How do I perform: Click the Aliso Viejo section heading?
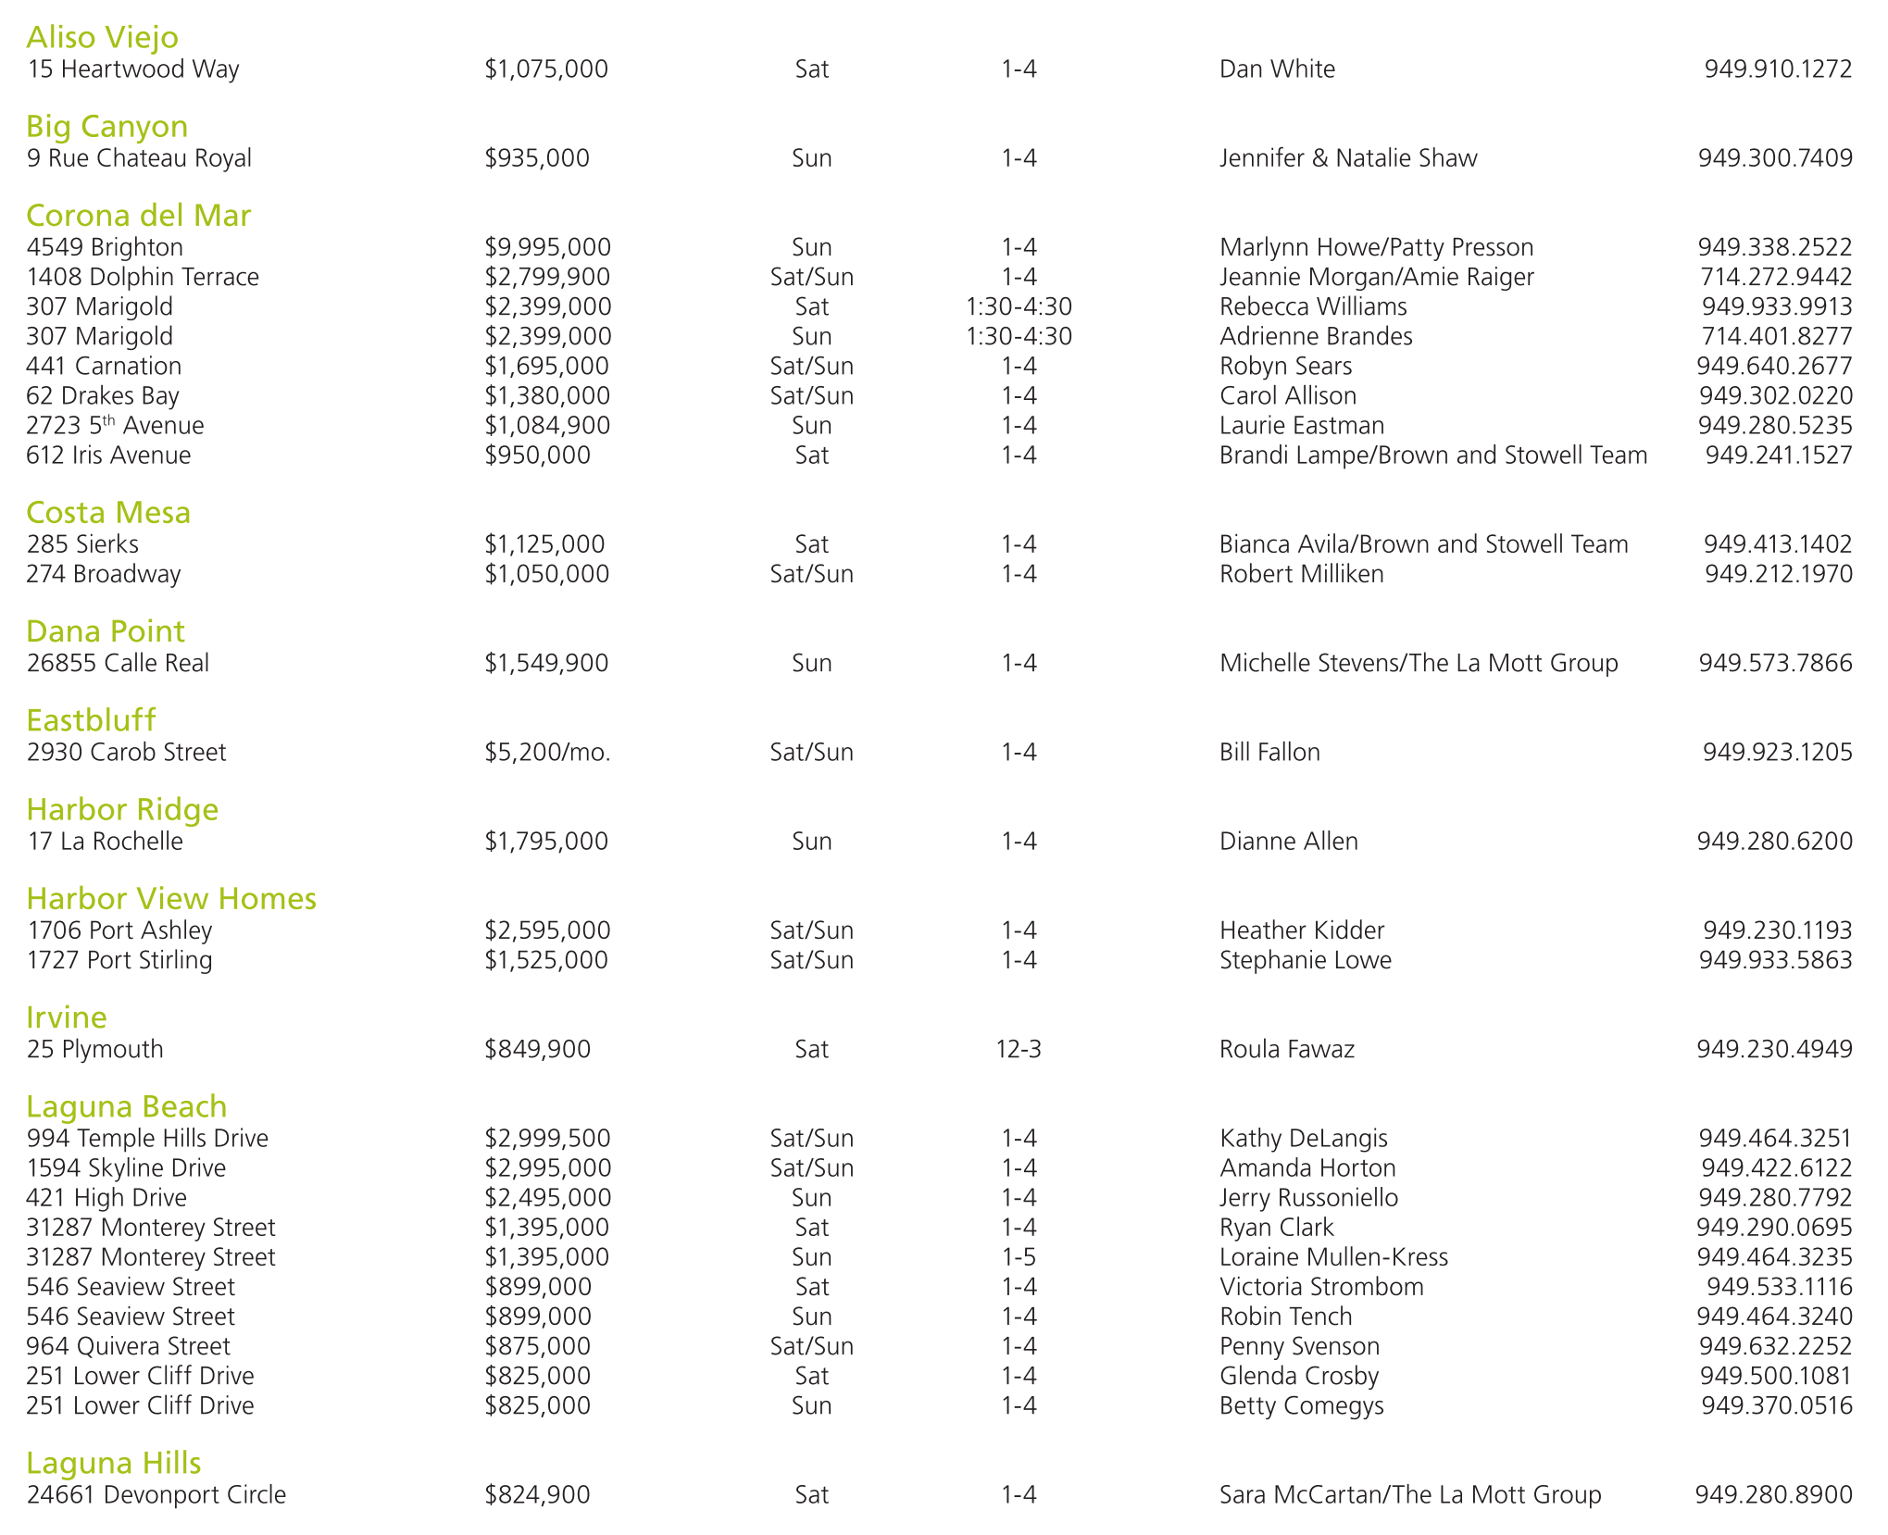[103, 37]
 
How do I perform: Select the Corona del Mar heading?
[139, 216]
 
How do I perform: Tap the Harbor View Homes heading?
[171, 898]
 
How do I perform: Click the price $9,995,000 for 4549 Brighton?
[547, 247]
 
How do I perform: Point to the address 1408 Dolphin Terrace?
[143, 277]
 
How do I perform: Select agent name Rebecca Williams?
[1313, 306]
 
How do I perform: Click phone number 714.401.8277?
[1776, 336]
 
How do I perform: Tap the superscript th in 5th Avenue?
[108, 420]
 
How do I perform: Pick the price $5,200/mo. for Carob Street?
[547, 752]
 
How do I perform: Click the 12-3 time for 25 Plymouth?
[1019, 1049]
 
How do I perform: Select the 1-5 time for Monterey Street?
[1019, 1257]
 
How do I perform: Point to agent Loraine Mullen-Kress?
[1333, 1257]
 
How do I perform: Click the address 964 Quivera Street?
[129, 1346]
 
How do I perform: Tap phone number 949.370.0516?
[1776, 1405]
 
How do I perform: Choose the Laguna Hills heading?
[114, 1463]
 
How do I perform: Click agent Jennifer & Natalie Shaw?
[1348, 158]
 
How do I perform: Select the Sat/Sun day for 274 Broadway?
[812, 574]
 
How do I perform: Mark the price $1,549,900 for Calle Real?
[546, 663]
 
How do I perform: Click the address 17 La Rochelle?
[105, 841]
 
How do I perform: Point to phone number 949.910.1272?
[1778, 69]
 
